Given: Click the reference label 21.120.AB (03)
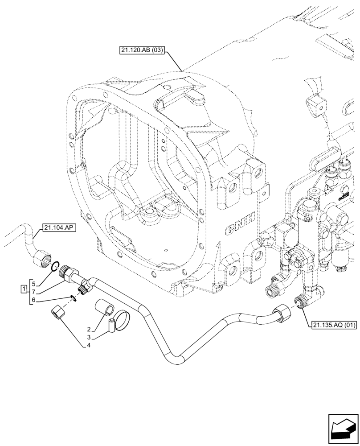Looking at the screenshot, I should pyautogui.click(x=142, y=50).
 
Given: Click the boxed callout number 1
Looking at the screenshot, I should pyautogui.click(x=23, y=291).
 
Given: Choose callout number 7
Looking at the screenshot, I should pyautogui.click(x=34, y=291).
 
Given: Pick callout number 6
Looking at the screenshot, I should pyautogui.click(x=34, y=301).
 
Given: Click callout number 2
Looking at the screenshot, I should pyautogui.click(x=89, y=329).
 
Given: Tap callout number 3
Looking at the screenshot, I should pyautogui.click(x=89, y=338).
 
